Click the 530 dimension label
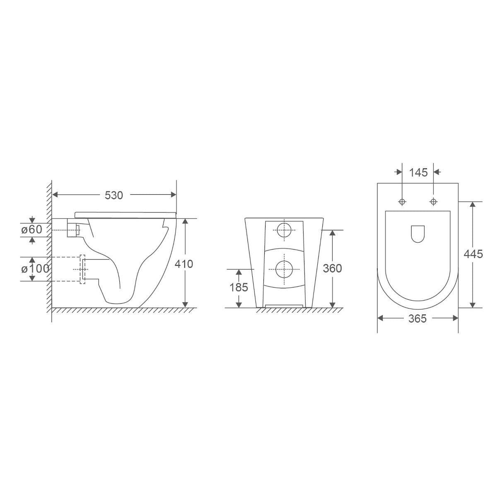pos(113,195)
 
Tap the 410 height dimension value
pos(184,263)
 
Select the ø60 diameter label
pos(32,229)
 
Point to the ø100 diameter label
pos(35,268)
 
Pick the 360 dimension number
pos(332,268)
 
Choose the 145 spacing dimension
pos(418,172)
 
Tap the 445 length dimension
pos(473,254)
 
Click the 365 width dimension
pos(417,318)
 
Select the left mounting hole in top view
pos(402,202)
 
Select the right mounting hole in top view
pos(434,202)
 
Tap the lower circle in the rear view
pos(284,269)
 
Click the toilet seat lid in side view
pos(124,214)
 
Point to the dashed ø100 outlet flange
pos(82,269)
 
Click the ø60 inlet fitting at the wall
pos(73,229)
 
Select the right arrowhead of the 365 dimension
pos(455,318)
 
